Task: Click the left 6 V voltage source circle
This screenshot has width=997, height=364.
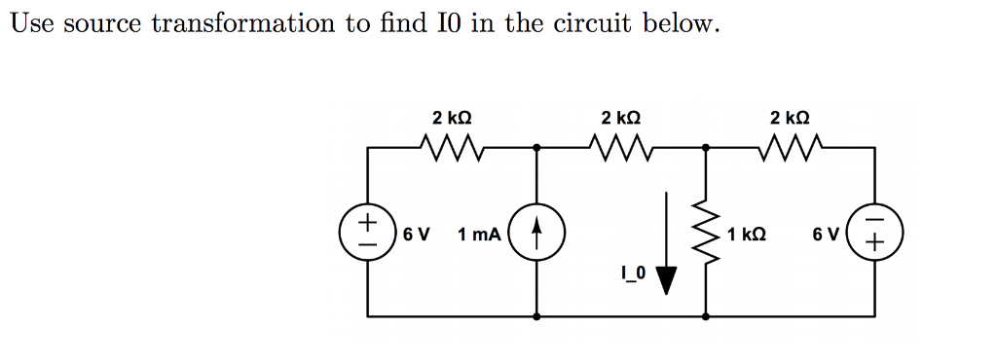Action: click(367, 234)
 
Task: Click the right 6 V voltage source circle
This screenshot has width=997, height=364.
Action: click(876, 234)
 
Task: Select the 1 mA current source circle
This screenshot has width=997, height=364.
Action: click(537, 234)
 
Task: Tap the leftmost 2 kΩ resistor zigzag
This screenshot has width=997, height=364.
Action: click(451, 148)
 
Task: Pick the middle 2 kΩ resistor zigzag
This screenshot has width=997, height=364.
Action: click(620, 148)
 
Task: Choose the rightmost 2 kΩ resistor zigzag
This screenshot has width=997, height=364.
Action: click(790, 148)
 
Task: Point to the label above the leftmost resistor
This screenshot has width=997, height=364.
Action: click(452, 118)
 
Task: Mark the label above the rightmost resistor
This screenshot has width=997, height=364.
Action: click(790, 118)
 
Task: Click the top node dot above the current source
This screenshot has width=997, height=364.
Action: click(537, 148)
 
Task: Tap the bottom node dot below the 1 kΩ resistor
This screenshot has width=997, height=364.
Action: click(706, 316)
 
